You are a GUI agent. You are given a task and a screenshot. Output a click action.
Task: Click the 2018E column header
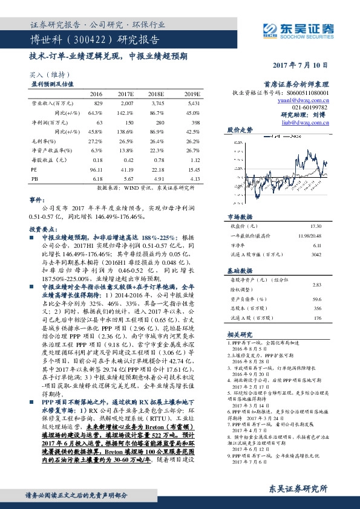(157, 95)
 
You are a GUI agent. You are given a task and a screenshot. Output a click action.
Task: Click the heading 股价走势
(240, 131)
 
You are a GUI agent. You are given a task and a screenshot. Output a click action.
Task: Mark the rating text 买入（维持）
(43, 74)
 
